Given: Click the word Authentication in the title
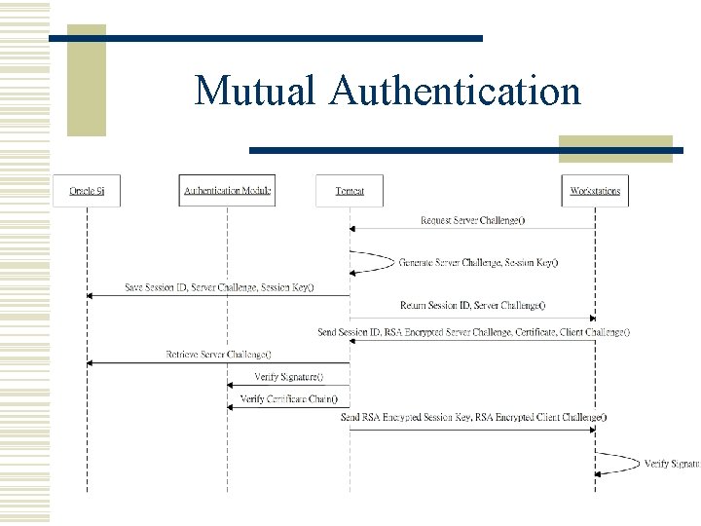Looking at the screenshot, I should [455, 91].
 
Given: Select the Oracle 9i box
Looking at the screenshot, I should [87, 191].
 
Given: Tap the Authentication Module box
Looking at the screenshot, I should [228, 191].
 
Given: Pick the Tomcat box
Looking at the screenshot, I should [350, 191].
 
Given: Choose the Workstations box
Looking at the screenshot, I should [595, 191].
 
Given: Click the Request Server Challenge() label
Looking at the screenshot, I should [472, 220].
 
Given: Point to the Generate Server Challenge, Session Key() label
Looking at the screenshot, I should [478, 262].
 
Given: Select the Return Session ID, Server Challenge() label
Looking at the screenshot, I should [472, 306].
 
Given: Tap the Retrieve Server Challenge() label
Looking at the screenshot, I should [218, 355].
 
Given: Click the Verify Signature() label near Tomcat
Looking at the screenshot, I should [288, 377].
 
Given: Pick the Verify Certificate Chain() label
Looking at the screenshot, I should [288, 398].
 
